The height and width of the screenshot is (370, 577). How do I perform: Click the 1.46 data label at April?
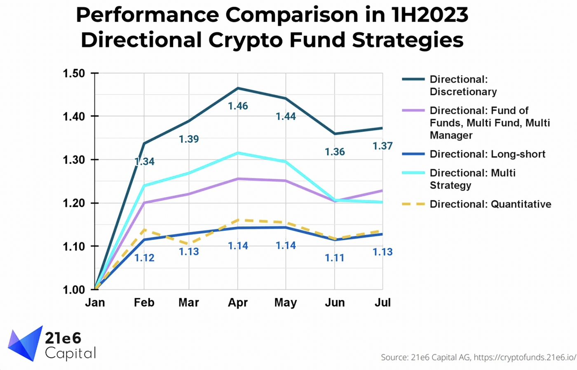pyautogui.click(x=238, y=106)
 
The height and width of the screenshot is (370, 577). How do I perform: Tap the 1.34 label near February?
pyautogui.click(x=144, y=161)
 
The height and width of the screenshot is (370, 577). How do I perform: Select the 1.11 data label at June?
pyautogui.click(x=334, y=258)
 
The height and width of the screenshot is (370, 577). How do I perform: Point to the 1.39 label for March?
pyautogui.click(x=189, y=139)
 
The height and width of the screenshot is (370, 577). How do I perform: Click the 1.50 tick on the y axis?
pyautogui.click(x=74, y=73)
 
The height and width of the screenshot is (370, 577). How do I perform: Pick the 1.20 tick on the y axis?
pyautogui.click(x=74, y=203)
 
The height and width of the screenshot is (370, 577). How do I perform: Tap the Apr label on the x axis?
pyautogui.click(x=238, y=302)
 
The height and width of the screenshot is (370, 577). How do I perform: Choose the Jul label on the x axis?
pyautogui.click(x=382, y=302)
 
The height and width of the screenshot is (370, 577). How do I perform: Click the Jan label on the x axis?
pyautogui.click(x=95, y=302)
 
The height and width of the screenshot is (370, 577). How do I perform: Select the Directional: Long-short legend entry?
pyautogui.click(x=487, y=154)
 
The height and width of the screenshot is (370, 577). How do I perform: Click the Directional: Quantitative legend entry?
pyautogui.click(x=490, y=204)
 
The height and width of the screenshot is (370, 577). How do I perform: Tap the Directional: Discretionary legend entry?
pyautogui.click(x=463, y=85)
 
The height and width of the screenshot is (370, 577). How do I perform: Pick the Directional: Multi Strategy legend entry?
pyautogui.click(x=472, y=179)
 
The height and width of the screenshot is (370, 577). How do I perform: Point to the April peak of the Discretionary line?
pyautogui.click(x=238, y=88)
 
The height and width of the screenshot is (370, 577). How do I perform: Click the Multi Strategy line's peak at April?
pyautogui.click(x=238, y=153)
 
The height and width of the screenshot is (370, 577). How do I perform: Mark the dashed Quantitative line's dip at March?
pyautogui.click(x=189, y=244)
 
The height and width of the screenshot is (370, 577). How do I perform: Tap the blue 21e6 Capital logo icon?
pyautogui.click(x=26, y=344)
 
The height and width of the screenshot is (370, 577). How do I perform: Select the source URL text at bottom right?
pyautogui.click(x=524, y=357)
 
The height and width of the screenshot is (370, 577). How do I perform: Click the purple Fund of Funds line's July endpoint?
pyautogui.click(x=382, y=191)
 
